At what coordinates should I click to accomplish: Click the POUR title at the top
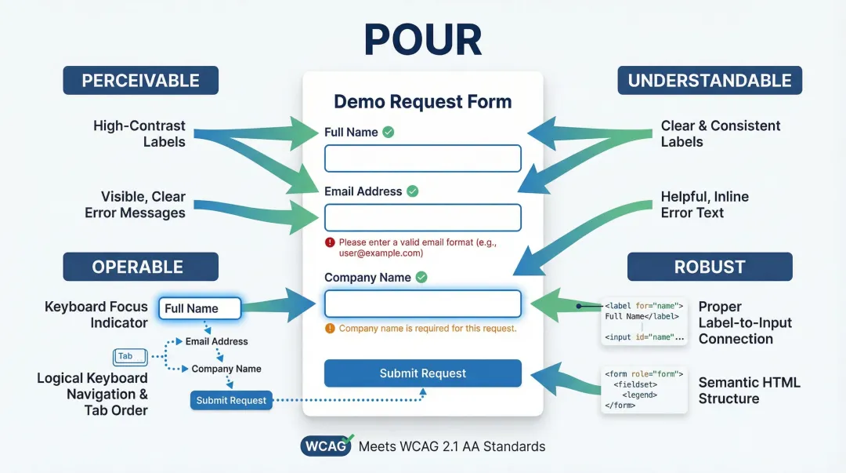click(x=422, y=38)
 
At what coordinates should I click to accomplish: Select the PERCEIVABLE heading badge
click(x=141, y=80)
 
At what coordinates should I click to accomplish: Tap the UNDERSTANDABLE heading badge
click(x=710, y=80)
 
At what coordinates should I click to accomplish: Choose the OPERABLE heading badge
click(x=141, y=267)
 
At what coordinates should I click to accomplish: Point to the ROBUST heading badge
click(x=710, y=267)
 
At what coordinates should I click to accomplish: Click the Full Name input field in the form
click(x=423, y=158)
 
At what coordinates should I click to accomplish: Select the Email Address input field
click(x=423, y=217)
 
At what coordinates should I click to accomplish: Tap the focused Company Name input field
click(x=423, y=304)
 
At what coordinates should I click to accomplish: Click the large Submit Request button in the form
click(x=423, y=373)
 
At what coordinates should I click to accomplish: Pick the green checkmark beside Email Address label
click(x=413, y=191)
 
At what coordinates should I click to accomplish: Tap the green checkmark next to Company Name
click(x=421, y=277)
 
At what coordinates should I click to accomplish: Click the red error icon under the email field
click(x=330, y=242)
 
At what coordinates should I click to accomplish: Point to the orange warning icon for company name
click(x=330, y=329)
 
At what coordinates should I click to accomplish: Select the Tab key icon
click(x=125, y=356)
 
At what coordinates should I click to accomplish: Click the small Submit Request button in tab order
click(x=231, y=400)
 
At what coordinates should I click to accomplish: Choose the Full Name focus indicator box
click(x=200, y=308)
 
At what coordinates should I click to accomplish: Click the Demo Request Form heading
click(x=423, y=102)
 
